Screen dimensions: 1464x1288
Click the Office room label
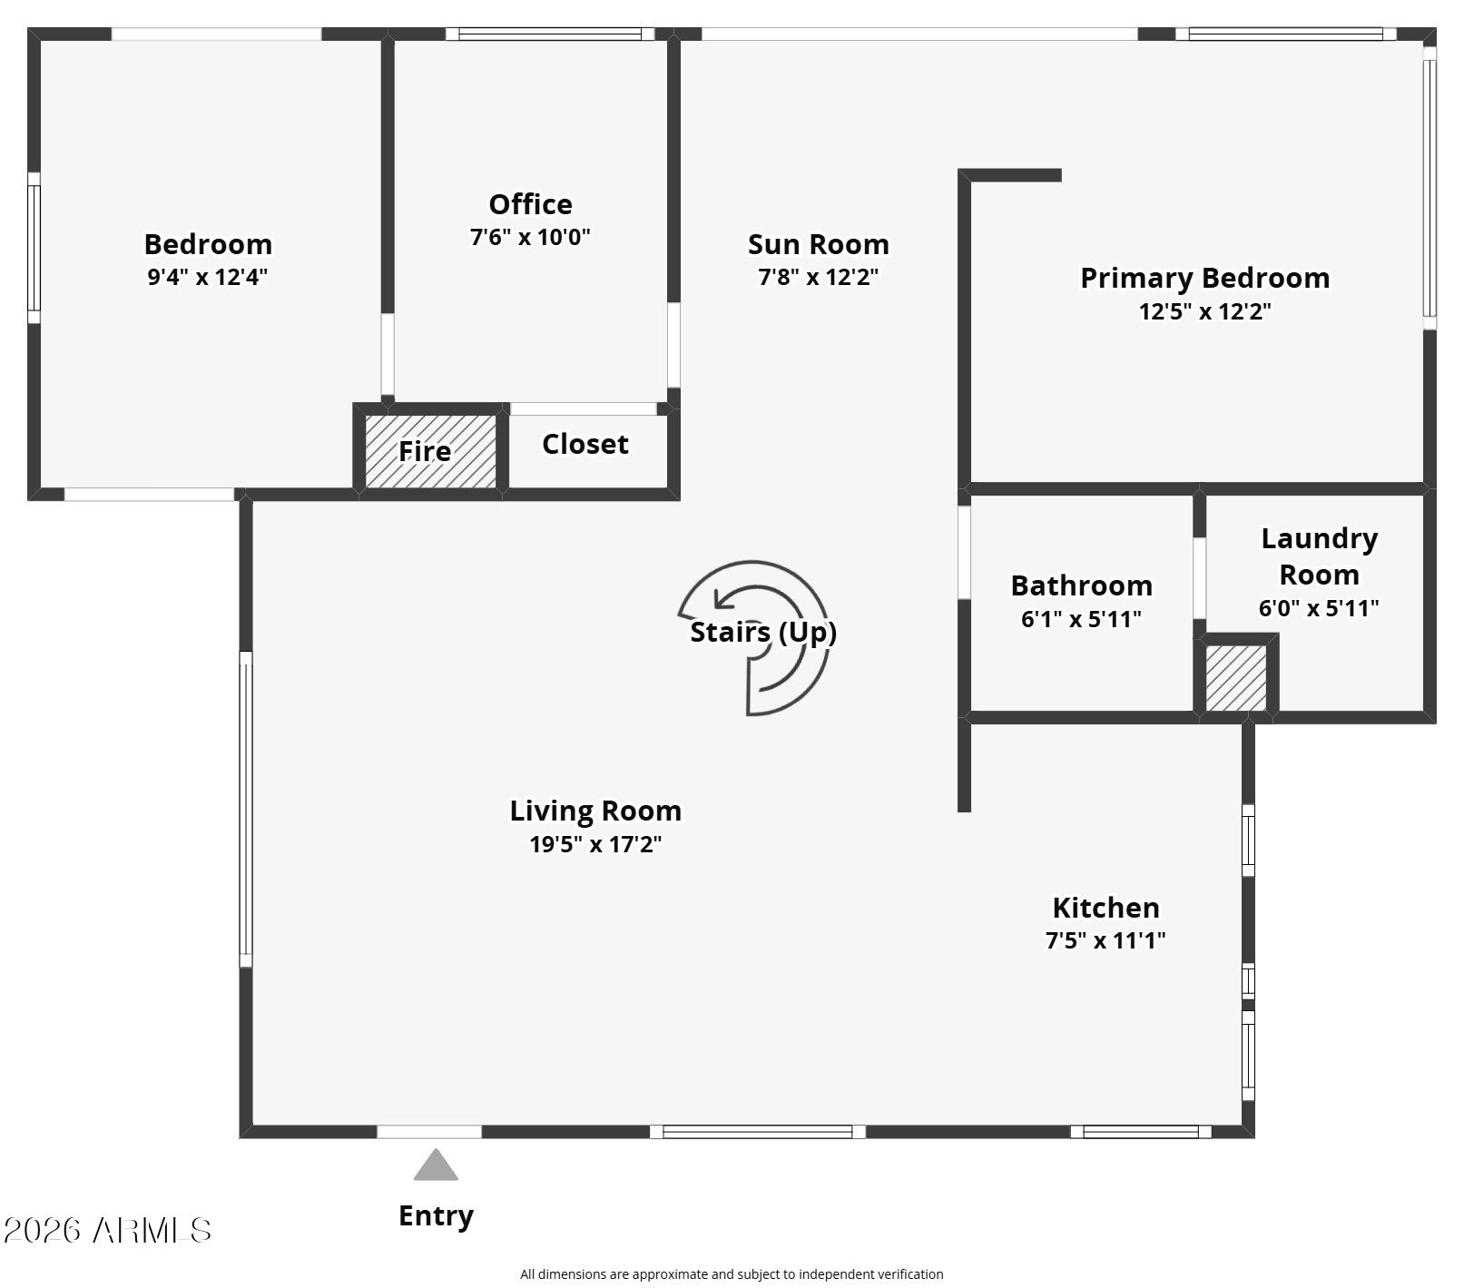530,204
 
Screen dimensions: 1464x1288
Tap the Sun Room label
818,244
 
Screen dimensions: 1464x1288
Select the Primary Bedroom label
1204,278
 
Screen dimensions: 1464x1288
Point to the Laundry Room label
1319,556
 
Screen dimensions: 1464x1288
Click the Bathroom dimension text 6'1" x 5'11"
1081,619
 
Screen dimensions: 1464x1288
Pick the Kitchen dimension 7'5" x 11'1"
1105,940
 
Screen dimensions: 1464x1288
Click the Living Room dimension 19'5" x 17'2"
595,844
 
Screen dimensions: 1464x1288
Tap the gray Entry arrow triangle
436,1165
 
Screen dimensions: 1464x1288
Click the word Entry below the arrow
436,1215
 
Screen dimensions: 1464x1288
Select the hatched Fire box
431,451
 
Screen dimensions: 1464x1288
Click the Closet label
585,444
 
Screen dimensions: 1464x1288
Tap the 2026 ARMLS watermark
107,1230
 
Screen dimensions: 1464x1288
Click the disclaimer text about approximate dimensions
732,1274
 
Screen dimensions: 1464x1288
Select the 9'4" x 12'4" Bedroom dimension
208,277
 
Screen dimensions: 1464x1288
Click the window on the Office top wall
550,34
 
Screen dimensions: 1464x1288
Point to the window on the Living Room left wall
246,809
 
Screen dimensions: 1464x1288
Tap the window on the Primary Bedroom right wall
1430,188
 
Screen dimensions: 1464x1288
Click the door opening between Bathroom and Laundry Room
1199,578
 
